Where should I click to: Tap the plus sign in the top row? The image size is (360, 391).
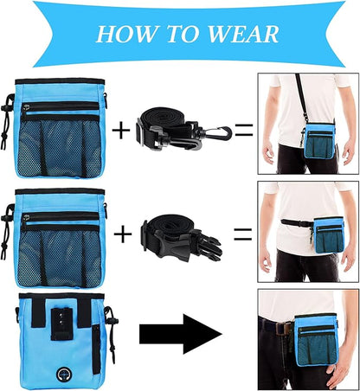(x=122, y=131)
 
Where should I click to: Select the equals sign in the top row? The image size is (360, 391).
(x=243, y=131)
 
